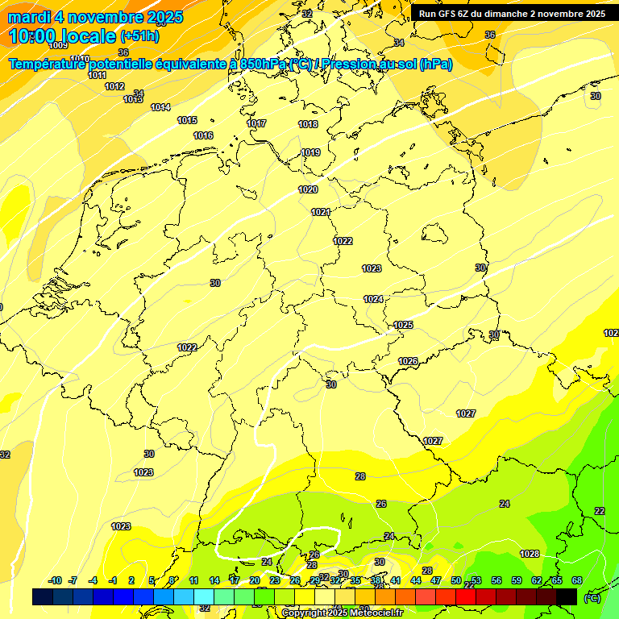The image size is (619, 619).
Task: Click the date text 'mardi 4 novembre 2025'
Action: coord(95,17)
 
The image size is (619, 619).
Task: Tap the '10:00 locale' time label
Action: coord(63,36)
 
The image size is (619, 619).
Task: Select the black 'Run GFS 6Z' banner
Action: coord(512,14)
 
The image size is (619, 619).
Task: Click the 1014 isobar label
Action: coord(160,107)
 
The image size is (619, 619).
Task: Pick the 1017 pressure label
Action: coord(256,123)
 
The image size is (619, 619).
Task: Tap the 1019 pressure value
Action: coord(310,152)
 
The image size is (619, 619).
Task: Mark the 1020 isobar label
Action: coord(308,189)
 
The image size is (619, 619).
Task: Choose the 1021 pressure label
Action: coord(321,212)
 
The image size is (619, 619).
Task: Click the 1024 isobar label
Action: coord(373,299)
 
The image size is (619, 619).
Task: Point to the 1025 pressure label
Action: coord(403,325)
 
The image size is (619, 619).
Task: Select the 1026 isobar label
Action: coord(408,361)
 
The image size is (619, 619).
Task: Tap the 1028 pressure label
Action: coord(530,554)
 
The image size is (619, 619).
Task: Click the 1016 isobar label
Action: coord(203,135)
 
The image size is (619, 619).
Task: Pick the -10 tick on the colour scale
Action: coord(55,581)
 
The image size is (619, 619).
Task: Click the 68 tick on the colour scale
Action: coord(576,581)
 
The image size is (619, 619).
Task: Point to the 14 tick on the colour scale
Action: coord(214,581)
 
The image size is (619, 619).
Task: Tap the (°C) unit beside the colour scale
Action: coord(592,598)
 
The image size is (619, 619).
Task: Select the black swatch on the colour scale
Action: coord(567,596)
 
